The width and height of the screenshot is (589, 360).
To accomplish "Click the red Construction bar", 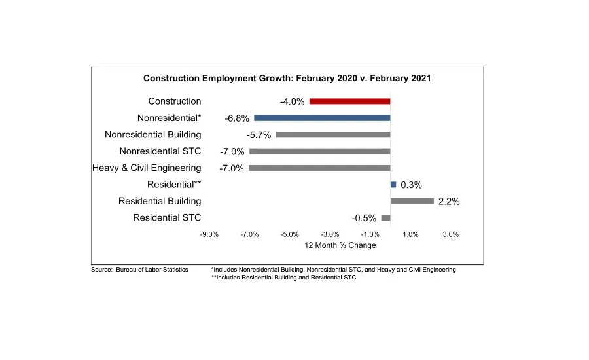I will coord(349,101).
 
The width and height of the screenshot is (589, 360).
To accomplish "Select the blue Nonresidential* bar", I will coord(322,118).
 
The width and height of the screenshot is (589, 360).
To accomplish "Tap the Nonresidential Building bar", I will coord(333,135).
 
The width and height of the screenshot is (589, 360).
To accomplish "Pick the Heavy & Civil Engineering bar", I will coord(319,168).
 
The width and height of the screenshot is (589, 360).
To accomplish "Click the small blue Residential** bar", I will coord(393,185).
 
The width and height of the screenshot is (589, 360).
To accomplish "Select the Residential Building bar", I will coord(412,201).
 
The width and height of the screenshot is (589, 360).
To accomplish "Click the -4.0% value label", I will coord(291,102).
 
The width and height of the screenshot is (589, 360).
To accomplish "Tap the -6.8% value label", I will coord(236,119).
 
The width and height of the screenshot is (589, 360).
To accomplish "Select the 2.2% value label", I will coord(449,202).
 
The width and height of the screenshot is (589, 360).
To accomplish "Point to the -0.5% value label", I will coord(364,219).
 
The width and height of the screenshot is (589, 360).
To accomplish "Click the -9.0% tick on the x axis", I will coord(209,234).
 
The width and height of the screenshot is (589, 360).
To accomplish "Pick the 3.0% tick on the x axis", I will coord(450,234).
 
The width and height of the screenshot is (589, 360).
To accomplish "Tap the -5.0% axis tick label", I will coord(289,234).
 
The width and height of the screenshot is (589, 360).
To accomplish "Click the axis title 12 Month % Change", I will coord(340,245).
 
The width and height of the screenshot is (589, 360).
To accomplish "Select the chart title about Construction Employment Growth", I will coord(287,78).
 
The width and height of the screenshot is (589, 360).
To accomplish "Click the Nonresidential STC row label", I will coord(160,151).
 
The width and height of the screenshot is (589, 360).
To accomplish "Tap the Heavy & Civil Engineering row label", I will coord(147,168).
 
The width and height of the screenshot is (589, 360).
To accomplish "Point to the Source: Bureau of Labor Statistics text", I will coord(139,270).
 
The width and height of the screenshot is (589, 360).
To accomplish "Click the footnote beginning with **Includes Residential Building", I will coord(283,278).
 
